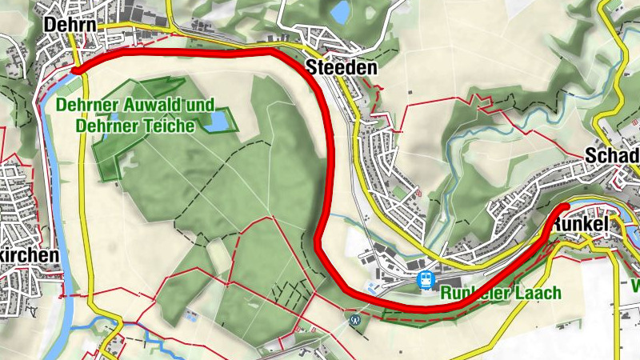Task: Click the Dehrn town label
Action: tap(71, 25)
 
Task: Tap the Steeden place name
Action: tap(341, 68)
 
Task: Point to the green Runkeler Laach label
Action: tap(501, 294)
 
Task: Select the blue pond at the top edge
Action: tap(341, 11)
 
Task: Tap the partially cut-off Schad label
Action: tap(612, 154)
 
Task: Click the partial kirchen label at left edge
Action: tap(30, 255)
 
